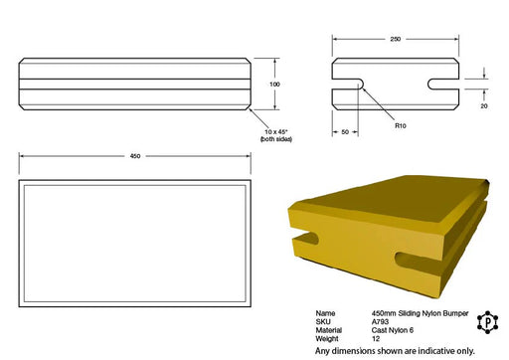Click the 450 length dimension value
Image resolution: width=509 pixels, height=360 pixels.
coord(135,156)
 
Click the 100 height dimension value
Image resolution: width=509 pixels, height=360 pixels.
coord(274,85)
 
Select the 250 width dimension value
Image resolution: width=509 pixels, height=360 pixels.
coord(396,39)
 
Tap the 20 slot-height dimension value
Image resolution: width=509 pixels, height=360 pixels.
coord(484,106)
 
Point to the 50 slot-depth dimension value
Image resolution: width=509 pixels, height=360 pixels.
coord(345,132)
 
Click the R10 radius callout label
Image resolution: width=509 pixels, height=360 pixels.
coord(401,125)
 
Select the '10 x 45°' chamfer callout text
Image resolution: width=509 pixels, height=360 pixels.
coord(275,132)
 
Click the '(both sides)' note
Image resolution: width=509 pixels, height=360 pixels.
coord(276,139)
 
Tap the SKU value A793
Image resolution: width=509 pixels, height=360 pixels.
coord(380,321)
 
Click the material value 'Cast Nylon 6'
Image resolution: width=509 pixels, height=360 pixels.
coord(393,330)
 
